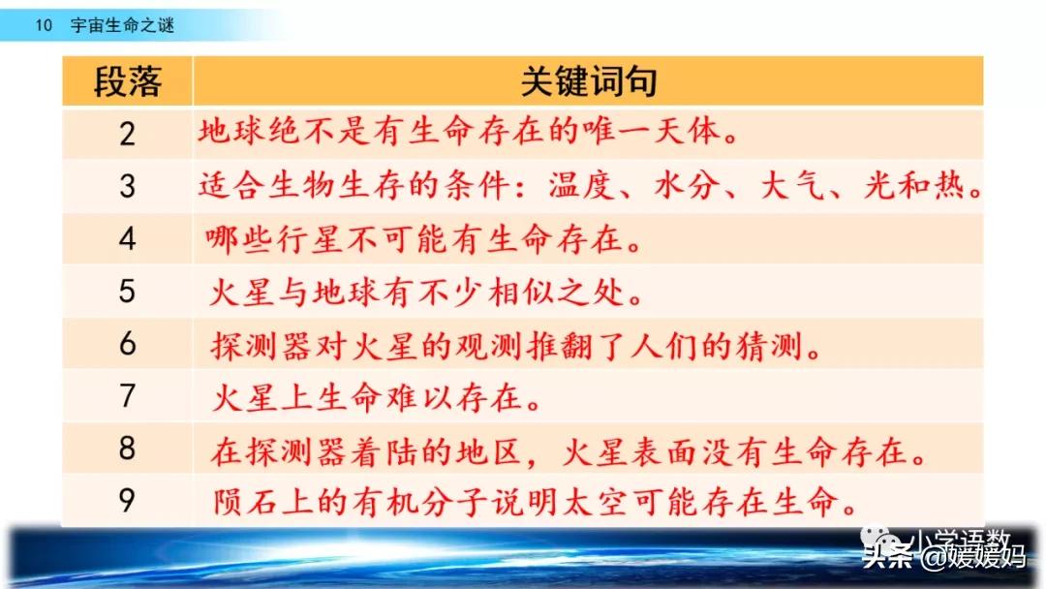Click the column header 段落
pyautogui.click(x=127, y=82)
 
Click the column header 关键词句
pyautogui.click(x=589, y=82)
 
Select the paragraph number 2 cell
pyautogui.click(x=127, y=134)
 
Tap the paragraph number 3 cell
pyautogui.click(x=127, y=186)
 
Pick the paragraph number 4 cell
pyautogui.click(x=127, y=239)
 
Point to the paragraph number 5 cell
pyautogui.click(x=127, y=292)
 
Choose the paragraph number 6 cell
pyautogui.click(x=127, y=344)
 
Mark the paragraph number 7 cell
pyautogui.click(x=127, y=396)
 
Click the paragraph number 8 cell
pyautogui.click(x=127, y=449)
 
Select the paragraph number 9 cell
pyautogui.click(x=127, y=501)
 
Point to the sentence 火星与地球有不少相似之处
pyautogui.click(x=427, y=292)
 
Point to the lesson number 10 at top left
pyautogui.click(x=43, y=26)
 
